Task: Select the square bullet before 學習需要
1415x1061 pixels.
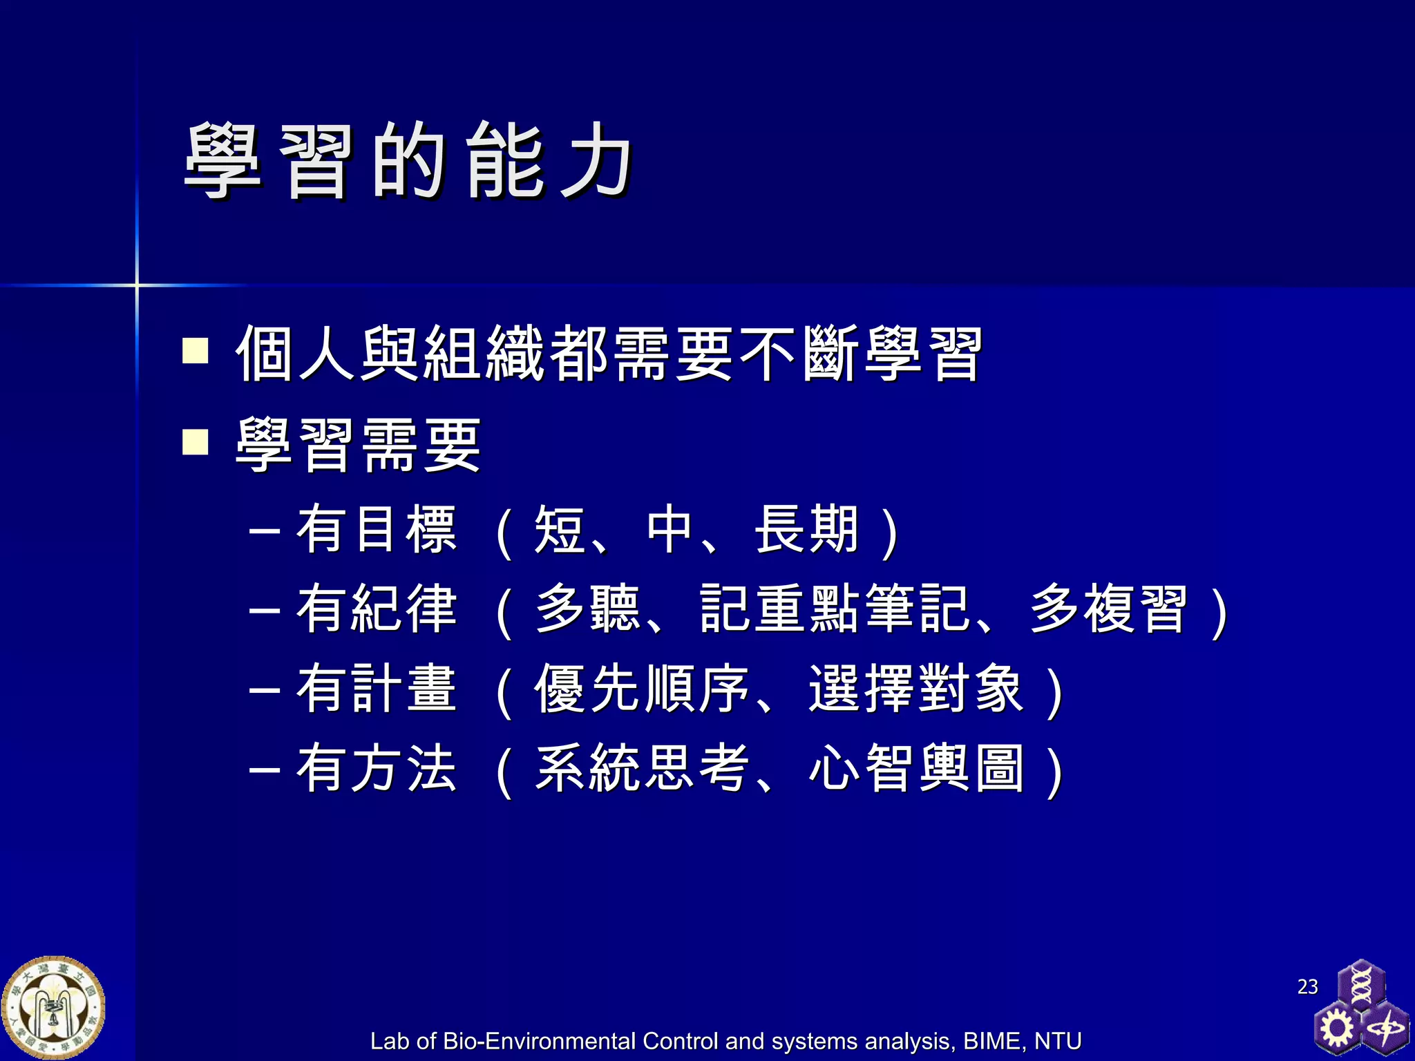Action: [195, 442]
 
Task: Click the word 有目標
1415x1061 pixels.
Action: [377, 530]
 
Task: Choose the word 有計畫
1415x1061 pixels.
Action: [377, 689]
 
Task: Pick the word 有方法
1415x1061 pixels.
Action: [377, 768]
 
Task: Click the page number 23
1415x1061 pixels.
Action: [1307, 986]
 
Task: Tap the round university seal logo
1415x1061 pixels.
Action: [53, 1008]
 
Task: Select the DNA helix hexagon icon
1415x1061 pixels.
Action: [1360, 984]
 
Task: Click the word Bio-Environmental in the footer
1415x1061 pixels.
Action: [539, 1041]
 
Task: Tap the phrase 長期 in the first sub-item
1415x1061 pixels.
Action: [807, 530]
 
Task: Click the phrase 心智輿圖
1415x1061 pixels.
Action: [916, 768]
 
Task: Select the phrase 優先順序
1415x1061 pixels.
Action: [642, 689]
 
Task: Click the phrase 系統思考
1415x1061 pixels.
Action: [642, 768]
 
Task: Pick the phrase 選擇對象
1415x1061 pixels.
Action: [916, 689]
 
